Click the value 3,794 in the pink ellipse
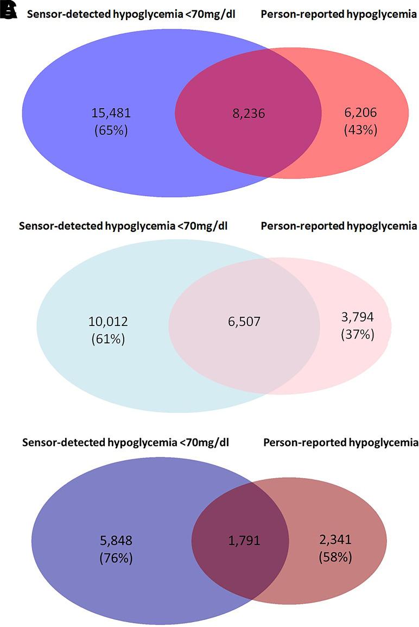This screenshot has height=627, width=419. click(357, 317)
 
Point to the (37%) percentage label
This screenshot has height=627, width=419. click(357, 335)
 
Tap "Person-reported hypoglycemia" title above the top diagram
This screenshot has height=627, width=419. click(339, 15)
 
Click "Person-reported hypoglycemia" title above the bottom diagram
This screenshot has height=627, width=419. click(341, 443)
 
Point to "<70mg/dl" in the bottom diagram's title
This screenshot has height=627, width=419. click(204, 443)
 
